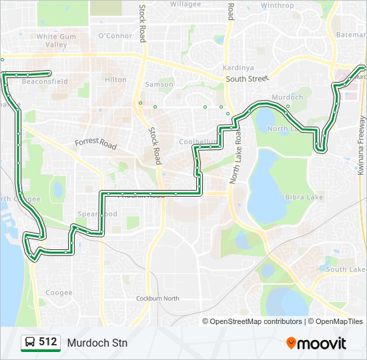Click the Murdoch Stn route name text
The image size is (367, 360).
tap(97, 343)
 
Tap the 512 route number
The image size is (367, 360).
tap(47, 342)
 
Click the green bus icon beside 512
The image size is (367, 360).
tap(30, 343)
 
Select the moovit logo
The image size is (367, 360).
tap(316, 343)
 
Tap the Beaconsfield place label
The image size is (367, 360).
tap(45, 81)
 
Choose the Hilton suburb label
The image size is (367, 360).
tap(115, 79)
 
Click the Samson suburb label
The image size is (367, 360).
tap(159, 85)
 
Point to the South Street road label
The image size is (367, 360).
tap(247, 79)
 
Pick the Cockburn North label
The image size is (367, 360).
tap(158, 298)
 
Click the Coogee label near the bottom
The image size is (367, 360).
tap(59, 293)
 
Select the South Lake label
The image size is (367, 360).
tap(346, 269)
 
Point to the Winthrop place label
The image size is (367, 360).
tap(277, 5)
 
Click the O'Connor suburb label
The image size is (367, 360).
tap(115, 35)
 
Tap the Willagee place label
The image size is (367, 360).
tap(185, 4)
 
